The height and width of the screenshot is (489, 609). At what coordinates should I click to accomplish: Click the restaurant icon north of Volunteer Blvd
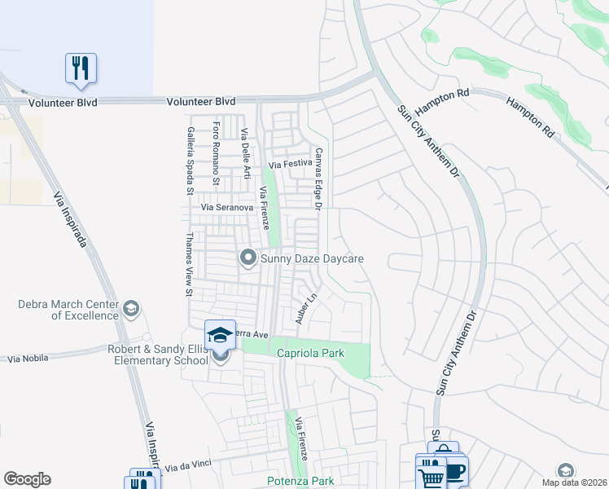tap(81, 68)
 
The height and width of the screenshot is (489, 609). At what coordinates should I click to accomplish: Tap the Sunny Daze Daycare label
tap(311, 259)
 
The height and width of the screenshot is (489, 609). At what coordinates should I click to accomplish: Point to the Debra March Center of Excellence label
tap(68, 310)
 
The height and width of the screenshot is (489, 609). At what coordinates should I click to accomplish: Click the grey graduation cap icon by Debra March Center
tap(131, 309)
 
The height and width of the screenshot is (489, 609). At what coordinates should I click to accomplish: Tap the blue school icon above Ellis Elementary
tap(220, 334)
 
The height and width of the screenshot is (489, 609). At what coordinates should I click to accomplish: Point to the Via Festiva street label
tap(290, 165)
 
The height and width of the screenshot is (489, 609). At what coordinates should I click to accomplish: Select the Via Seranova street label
tap(229, 208)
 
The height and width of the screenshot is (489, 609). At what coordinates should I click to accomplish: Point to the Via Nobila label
tap(28, 358)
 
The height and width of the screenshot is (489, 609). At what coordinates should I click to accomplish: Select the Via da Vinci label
tap(188, 465)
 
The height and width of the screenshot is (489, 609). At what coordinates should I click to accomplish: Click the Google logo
tap(27, 479)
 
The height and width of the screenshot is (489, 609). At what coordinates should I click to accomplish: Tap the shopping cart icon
tap(431, 475)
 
